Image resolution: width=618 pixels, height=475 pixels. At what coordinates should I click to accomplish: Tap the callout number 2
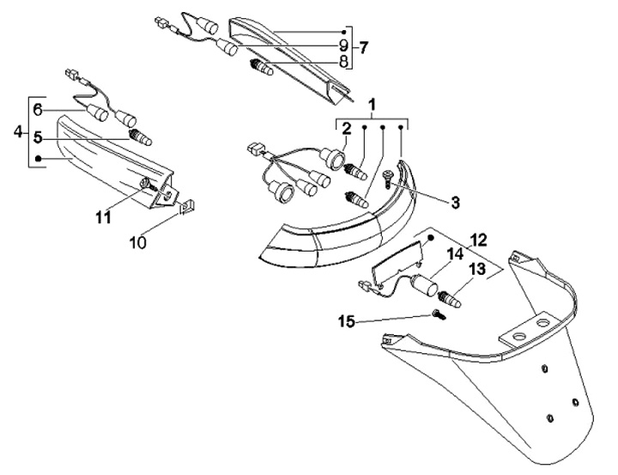click(346, 130)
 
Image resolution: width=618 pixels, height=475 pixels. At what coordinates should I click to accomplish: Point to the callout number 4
click(18, 133)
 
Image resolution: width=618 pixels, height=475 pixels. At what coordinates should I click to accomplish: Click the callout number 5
click(38, 136)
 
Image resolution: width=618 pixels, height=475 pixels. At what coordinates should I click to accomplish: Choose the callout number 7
click(363, 45)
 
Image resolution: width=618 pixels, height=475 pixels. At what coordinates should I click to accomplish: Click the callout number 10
click(137, 243)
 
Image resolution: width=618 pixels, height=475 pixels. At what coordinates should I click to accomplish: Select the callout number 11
click(104, 218)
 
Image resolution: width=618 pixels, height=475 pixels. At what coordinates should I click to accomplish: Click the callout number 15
click(347, 321)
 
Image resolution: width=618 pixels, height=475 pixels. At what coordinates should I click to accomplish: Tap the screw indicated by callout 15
click(440, 314)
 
